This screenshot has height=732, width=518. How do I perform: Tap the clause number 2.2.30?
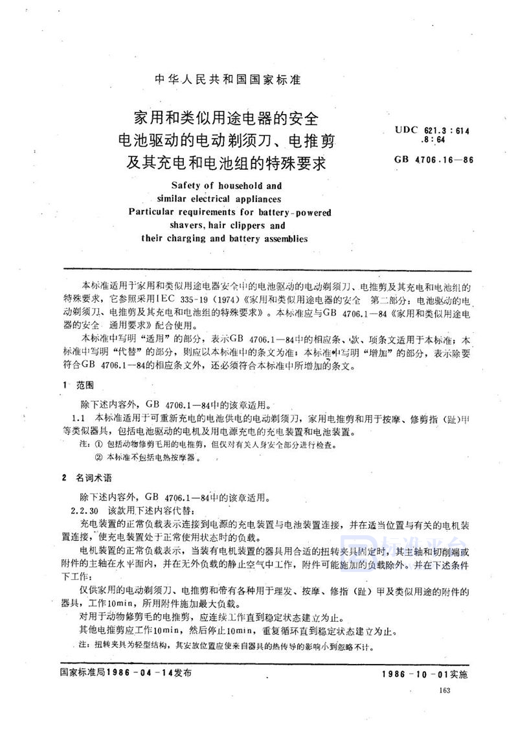click(x=87, y=510)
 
